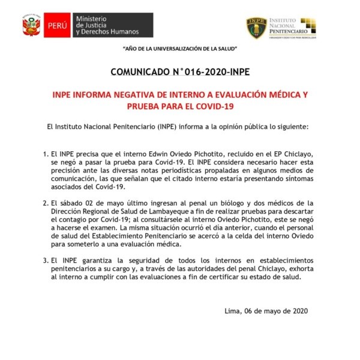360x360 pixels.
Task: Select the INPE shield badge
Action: [257, 27]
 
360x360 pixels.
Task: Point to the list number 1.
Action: [45, 154]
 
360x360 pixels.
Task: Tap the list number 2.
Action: [45, 203]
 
